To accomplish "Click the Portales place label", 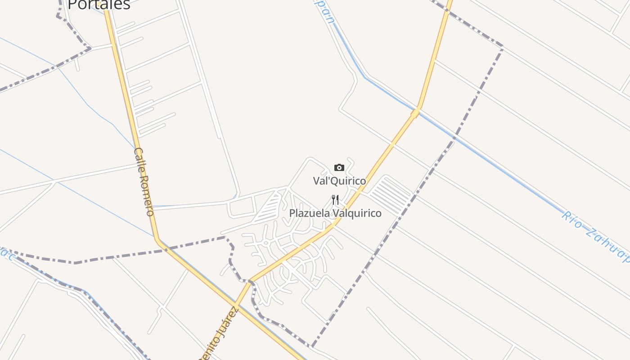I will point(99,4).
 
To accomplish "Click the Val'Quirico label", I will point(339,181).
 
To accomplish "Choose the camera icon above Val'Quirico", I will point(339,168).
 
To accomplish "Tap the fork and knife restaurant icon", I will point(335,200).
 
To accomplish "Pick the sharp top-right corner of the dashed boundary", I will point(502,47).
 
